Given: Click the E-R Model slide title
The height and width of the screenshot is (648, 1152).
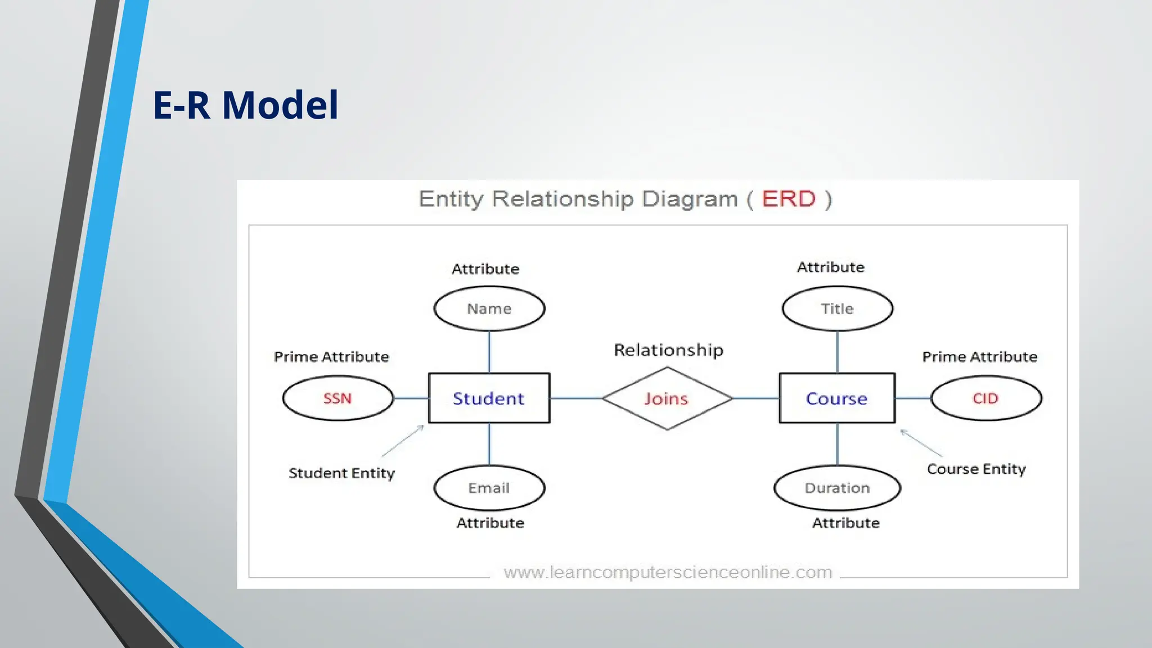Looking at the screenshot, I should (x=245, y=105).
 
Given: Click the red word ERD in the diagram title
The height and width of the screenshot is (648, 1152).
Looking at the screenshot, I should (x=788, y=199).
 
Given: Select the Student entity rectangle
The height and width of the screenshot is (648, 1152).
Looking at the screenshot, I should (x=489, y=398).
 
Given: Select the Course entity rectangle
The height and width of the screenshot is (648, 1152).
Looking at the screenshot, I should (x=836, y=398).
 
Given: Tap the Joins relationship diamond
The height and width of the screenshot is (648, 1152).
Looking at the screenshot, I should (x=667, y=398).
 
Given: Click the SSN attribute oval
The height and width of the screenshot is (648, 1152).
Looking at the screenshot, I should (x=337, y=398).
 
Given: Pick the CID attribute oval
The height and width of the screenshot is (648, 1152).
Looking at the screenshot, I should (x=985, y=398).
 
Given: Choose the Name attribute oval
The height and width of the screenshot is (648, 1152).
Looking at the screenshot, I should (x=489, y=309).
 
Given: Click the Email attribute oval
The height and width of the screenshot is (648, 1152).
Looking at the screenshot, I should (x=489, y=488).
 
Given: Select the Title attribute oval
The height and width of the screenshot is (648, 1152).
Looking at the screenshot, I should (x=837, y=309).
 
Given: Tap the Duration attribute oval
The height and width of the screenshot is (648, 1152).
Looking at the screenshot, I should (x=837, y=488).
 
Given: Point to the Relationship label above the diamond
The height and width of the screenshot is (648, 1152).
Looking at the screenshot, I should (x=668, y=350).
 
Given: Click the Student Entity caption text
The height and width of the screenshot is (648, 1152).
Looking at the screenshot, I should (x=341, y=473).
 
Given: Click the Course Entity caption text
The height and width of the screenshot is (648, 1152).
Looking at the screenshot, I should (x=976, y=469).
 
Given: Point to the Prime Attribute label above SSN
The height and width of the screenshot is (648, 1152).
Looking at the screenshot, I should (x=331, y=357).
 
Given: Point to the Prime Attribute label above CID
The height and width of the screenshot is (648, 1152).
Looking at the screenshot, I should (x=979, y=357).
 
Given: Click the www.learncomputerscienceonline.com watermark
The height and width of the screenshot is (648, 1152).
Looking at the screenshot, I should (x=668, y=572).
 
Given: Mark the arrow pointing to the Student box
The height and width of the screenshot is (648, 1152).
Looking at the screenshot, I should (x=403, y=441).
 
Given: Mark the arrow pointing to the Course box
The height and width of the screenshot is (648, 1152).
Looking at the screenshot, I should (x=921, y=443).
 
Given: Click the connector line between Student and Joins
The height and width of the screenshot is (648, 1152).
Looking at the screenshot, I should (x=576, y=398).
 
